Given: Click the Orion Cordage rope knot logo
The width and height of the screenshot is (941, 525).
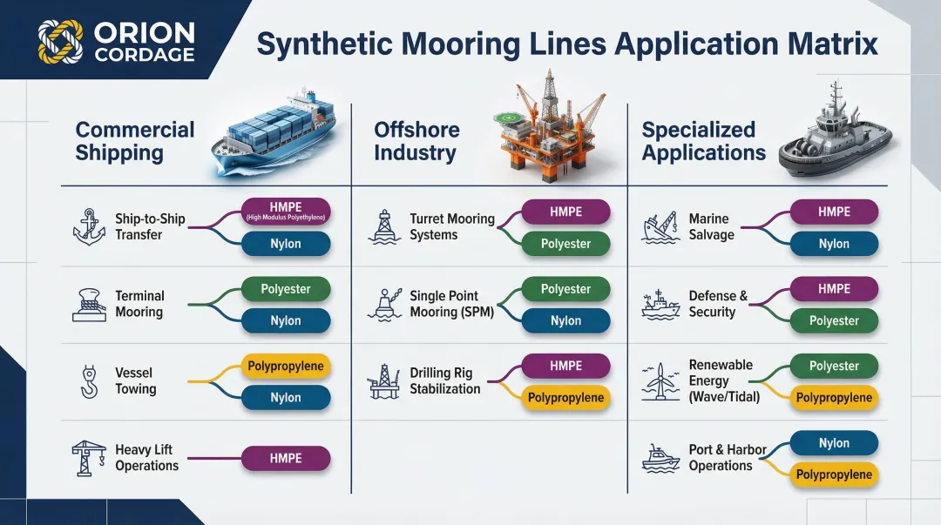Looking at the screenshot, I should pyautogui.click(x=60, y=42).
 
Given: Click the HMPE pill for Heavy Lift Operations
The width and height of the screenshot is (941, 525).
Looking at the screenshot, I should pyautogui.click(x=286, y=458).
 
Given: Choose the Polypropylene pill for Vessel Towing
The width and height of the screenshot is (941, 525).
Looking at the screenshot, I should pyautogui.click(x=286, y=366).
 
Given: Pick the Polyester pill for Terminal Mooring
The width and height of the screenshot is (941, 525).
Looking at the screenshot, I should pyautogui.click(x=286, y=289).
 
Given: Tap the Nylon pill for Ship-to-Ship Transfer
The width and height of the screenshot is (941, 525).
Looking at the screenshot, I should pyautogui.click(x=286, y=244).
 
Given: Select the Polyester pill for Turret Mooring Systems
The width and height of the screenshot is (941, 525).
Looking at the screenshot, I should pyautogui.click(x=565, y=244).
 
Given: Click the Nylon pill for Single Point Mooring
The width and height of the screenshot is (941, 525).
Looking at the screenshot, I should pyautogui.click(x=565, y=320).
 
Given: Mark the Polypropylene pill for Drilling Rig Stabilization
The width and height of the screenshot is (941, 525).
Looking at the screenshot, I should pyautogui.click(x=565, y=398).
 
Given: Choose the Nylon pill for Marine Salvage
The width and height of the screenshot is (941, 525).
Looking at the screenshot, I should pyautogui.click(x=834, y=244).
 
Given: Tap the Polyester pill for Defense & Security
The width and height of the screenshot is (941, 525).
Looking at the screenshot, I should pyautogui.click(x=834, y=320).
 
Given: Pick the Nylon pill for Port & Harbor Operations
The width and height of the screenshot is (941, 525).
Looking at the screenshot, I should pyautogui.click(x=834, y=443).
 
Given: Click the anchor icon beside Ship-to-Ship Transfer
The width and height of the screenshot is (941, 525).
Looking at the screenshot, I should pyautogui.click(x=89, y=227).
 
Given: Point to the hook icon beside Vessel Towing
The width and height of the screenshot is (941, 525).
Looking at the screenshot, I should pyautogui.click(x=89, y=380).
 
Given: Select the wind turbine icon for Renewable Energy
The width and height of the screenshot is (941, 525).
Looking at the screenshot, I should pyautogui.click(x=661, y=380).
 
